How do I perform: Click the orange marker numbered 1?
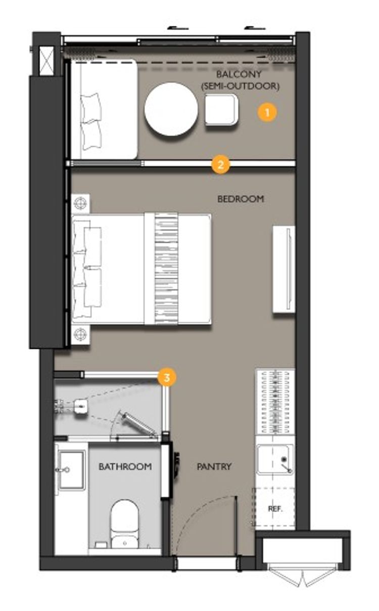tap(267, 112)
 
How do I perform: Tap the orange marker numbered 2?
tap(220, 164)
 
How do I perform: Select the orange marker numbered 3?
tap(167, 377)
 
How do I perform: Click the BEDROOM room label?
tap(241, 199)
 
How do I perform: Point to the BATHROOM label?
tap(125, 467)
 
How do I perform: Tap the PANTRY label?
tap(214, 467)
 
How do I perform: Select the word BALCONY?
tap(239, 74)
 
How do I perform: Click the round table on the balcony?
tap(171, 109)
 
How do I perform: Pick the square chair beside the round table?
tap(221, 110)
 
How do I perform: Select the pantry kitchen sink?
tap(275, 460)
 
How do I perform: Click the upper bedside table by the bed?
tap(81, 203)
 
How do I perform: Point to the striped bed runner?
tap(166, 269)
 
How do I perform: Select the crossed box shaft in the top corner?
tap(46, 61)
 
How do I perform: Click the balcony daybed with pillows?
tap(104, 109)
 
